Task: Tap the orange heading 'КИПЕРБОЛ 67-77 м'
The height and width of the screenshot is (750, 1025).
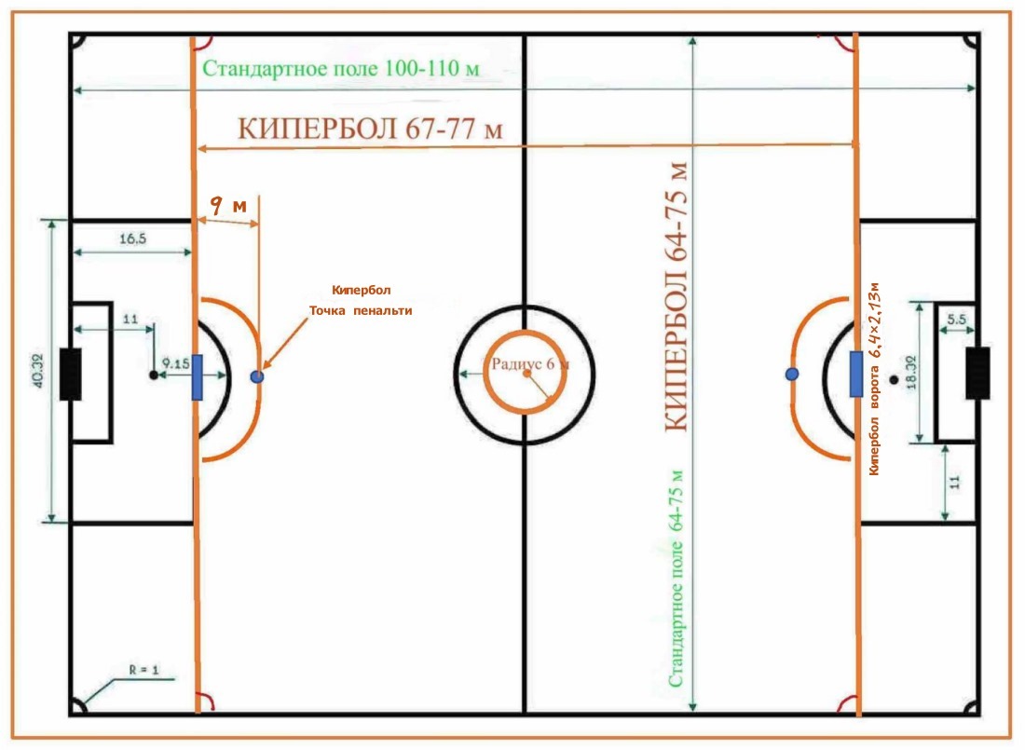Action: (x=370, y=129)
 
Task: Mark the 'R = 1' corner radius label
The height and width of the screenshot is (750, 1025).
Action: (x=144, y=669)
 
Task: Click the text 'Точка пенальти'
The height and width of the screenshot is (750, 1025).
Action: (x=361, y=310)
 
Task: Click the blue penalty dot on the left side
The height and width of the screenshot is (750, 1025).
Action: (x=257, y=376)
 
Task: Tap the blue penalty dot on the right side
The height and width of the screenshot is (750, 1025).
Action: (x=791, y=374)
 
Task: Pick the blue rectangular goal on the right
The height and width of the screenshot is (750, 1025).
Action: (x=856, y=374)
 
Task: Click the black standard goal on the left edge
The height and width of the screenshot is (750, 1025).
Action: (x=70, y=374)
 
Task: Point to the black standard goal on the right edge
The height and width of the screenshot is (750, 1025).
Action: (x=977, y=373)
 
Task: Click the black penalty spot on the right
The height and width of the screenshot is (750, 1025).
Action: (x=894, y=379)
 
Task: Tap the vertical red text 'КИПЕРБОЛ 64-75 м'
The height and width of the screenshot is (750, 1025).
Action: (x=678, y=295)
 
